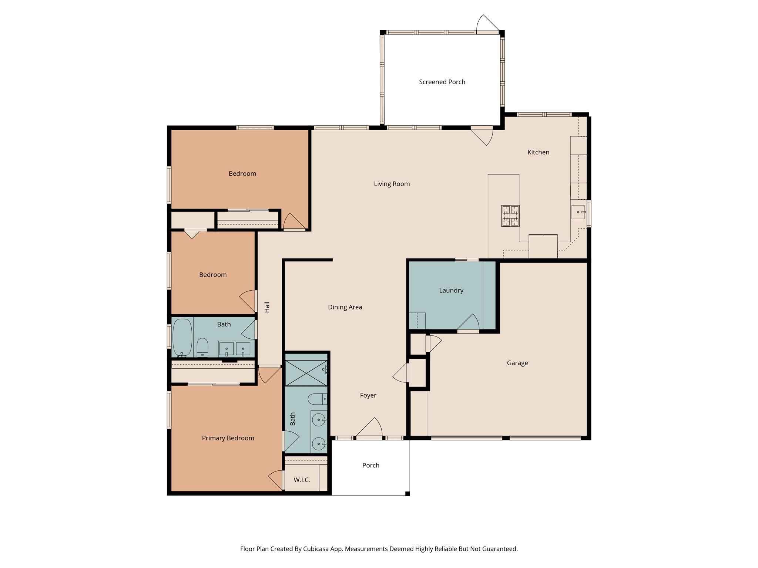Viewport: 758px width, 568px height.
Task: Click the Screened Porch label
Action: point(442,82)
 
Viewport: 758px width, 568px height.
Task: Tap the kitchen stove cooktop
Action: point(510,216)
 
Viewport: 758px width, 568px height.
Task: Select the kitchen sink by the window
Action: point(578,212)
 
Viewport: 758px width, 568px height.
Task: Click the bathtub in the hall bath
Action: point(182,337)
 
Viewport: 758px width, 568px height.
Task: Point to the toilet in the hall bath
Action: point(202,348)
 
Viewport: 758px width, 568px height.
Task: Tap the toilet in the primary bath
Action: point(318,399)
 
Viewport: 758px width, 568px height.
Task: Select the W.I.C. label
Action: point(302,480)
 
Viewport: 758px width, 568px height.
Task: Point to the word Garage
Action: point(517,363)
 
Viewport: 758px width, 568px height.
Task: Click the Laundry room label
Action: point(451,291)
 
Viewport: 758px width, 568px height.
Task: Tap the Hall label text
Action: point(267,307)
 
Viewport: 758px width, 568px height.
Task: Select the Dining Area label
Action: point(345,307)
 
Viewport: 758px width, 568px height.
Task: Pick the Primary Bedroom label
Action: point(228,438)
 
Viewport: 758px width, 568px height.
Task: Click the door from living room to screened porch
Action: point(483,135)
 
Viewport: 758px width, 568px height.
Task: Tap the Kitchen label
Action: point(538,152)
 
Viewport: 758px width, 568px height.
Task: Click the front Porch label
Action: point(370,466)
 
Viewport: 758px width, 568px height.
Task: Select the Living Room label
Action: point(392,184)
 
